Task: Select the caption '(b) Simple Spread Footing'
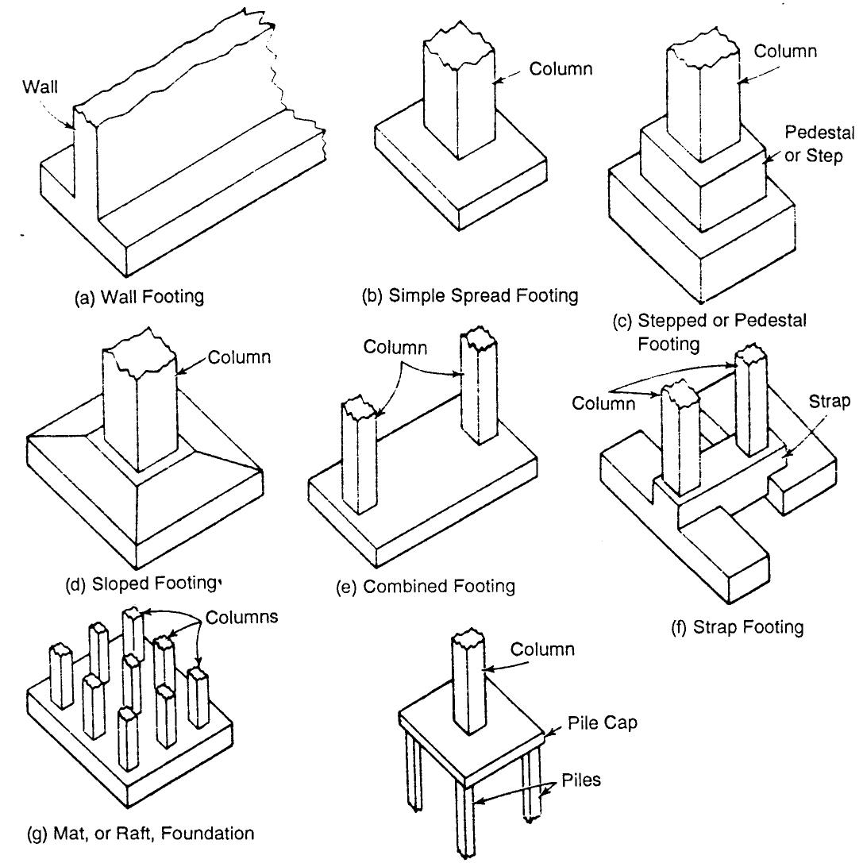click(469, 296)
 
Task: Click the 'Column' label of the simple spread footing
click(560, 69)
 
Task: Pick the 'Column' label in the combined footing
click(395, 347)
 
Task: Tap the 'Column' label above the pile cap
click(541, 649)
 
